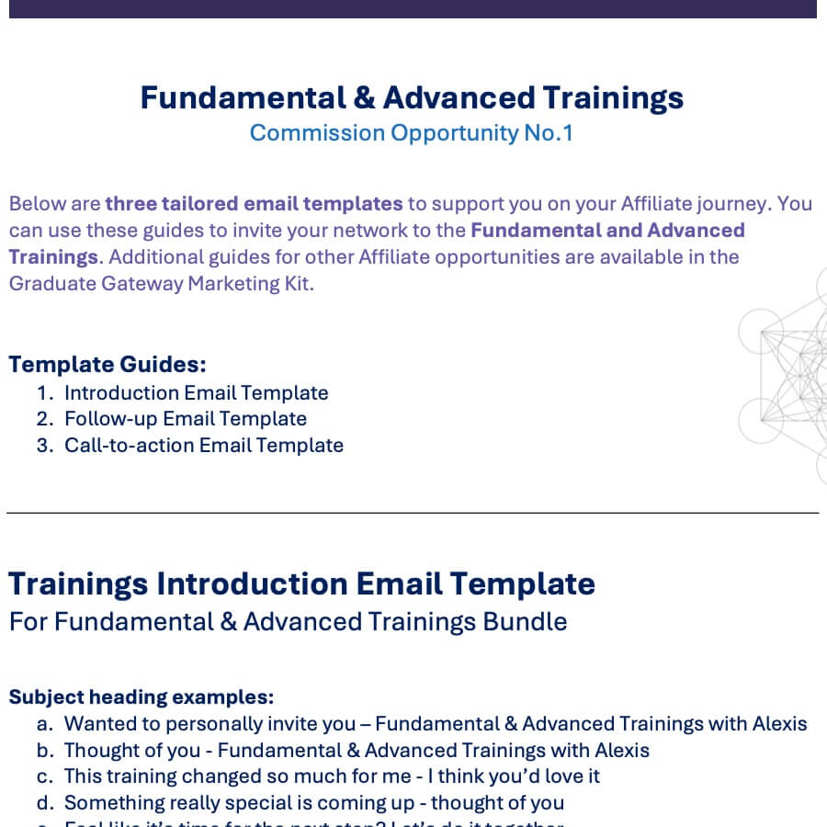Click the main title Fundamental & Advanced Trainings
point(412,97)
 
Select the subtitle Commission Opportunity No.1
point(411,133)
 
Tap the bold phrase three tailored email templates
point(254,204)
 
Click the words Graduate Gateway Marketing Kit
point(161,283)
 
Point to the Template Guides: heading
point(108,364)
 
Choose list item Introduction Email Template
point(196,393)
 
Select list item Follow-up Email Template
point(185,419)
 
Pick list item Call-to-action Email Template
point(203,446)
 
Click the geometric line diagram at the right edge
point(786,377)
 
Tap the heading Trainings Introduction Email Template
point(301,583)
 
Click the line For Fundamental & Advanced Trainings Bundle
point(288,622)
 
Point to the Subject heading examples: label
point(142,697)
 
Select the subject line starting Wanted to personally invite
point(435,724)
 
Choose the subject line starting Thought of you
point(357,751)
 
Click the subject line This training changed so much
point(332,776)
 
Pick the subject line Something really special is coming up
point(313,803)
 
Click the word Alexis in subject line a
point(777,724)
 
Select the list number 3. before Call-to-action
point(45,446)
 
